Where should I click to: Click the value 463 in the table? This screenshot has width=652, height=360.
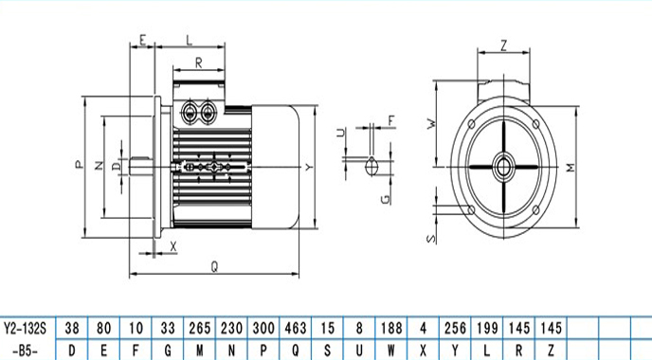click(296, 328)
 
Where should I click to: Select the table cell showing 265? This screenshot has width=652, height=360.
click(200, 328)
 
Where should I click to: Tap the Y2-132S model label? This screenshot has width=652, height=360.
click(25, 329)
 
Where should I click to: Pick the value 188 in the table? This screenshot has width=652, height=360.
click(391, 328)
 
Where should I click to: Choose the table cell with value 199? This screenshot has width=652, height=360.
click(487, 328)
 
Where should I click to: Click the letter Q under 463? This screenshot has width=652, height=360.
click(296, 351)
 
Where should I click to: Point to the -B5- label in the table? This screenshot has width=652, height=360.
click(25, 351)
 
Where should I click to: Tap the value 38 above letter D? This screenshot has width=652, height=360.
click(72, 328)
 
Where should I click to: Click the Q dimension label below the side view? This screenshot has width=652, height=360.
click(214, 266)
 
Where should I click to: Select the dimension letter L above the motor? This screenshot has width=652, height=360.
click(190, 40)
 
